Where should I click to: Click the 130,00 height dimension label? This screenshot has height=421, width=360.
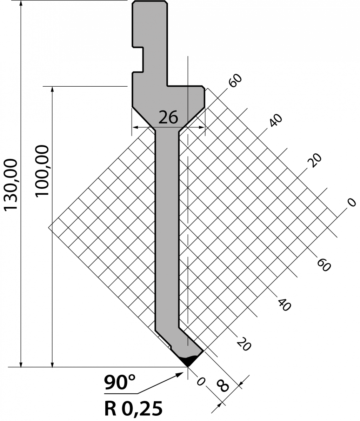click(11, 185)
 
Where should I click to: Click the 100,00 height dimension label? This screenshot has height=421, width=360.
click(42, 171)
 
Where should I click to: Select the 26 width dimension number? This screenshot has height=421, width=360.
click(168, 117)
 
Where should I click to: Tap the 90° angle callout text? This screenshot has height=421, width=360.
click(120, 382)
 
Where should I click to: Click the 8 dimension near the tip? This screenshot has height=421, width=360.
click(222, 385)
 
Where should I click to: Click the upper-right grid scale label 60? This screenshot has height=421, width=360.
click(235, 81)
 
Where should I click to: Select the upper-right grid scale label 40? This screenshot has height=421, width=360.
click(276, 121)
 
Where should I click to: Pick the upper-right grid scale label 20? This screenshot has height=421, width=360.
click(315, 160)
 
